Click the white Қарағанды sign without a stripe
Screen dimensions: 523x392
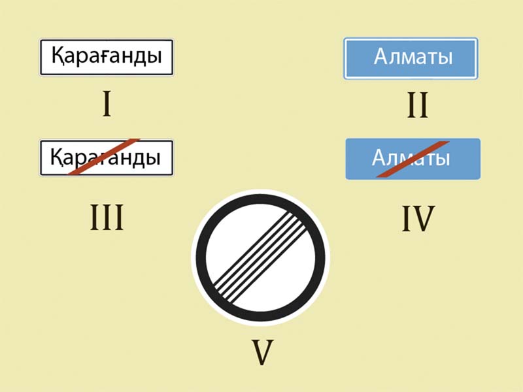107,57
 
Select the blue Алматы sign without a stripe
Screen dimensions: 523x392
411,58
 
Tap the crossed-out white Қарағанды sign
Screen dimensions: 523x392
107,157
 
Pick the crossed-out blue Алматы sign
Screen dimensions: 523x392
413,159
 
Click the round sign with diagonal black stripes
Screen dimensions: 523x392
260,257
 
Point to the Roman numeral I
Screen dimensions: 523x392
107,104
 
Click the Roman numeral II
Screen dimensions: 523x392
418,105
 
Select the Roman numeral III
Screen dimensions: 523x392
107,218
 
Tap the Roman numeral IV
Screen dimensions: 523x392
418,218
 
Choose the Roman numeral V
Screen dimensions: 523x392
263,352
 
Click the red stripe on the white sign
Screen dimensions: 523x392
104,156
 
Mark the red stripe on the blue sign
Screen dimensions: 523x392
413,159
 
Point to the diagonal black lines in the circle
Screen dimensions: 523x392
260,257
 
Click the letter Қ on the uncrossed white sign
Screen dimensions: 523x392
58,56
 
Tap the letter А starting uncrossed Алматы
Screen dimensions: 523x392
381,56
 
